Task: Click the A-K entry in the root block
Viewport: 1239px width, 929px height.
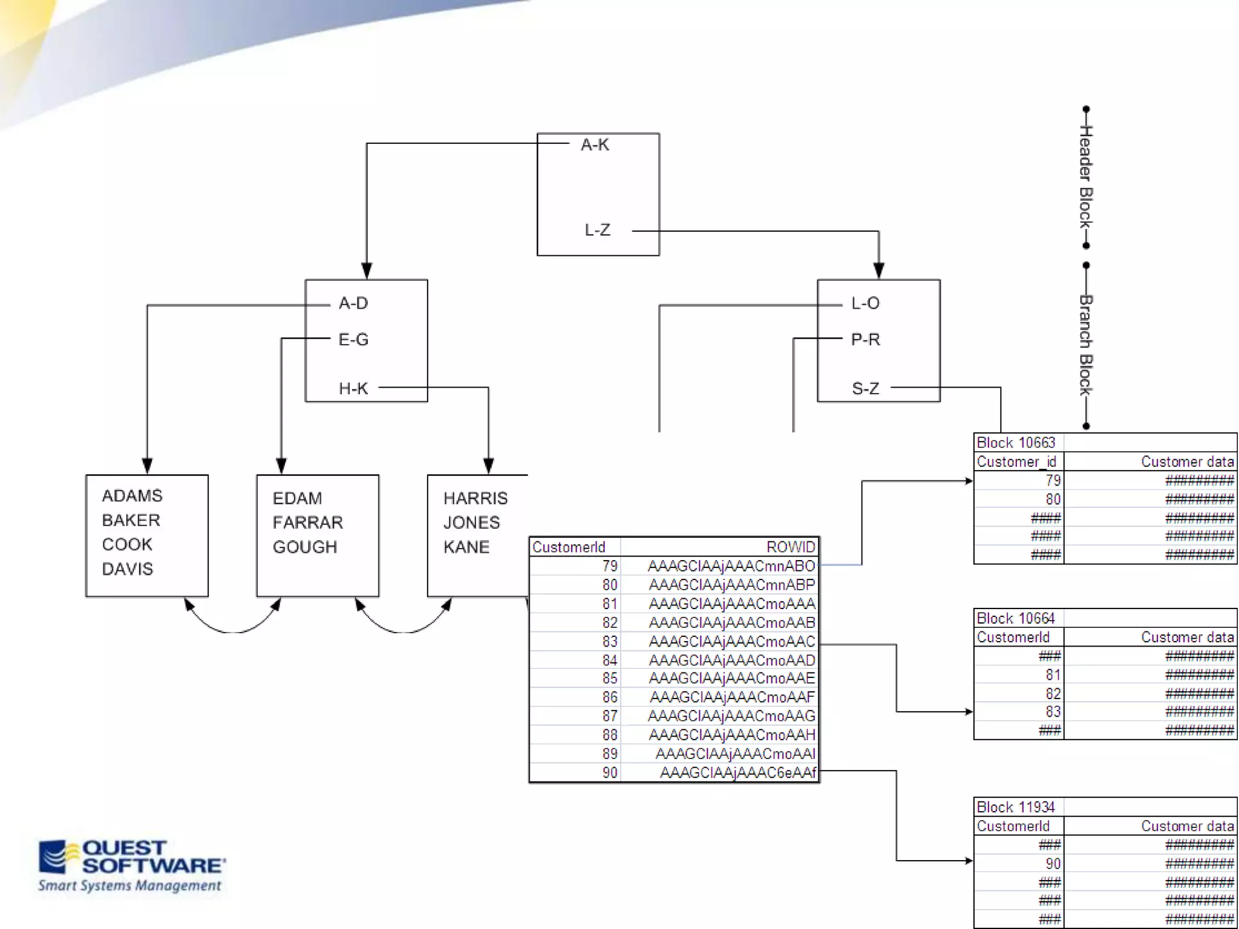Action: [595, 145]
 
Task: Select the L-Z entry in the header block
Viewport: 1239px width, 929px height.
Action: [597, 230]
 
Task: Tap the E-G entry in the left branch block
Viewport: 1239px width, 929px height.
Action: [353, 339]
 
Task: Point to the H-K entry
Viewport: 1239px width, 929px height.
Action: [353, 388]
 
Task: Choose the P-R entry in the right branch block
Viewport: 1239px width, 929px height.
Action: [865, 339]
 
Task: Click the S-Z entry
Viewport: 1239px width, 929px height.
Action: [865, 388]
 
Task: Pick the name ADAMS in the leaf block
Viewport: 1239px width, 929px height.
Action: [132, 496]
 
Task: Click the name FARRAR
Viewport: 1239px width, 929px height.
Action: [307, 523]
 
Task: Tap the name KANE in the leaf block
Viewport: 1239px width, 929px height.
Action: [466, 547]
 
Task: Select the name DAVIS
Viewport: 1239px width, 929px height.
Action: [127, 569]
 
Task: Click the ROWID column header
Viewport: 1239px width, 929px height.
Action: [791, 547]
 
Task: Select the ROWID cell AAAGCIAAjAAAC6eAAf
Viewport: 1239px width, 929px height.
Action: [737, 773]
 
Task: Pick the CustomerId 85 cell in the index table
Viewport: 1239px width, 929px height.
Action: [610, 679]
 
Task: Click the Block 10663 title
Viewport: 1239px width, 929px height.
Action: [1016, 443]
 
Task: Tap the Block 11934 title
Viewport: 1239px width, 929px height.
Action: [1016, 807]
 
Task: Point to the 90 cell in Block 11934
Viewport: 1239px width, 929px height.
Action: [1053, 864]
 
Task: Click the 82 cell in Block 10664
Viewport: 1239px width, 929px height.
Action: [1053, 694]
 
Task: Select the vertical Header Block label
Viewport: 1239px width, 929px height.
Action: [1086, 177]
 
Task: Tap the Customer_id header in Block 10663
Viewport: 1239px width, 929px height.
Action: [1016, 462]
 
